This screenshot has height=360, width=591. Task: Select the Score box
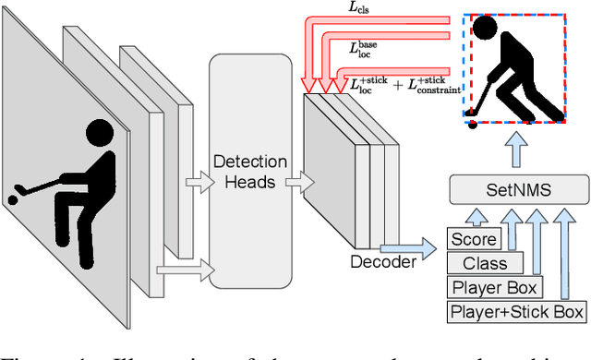(473, 240)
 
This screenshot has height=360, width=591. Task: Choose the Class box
(486, 263)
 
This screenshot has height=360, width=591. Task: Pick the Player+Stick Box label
(516, 311)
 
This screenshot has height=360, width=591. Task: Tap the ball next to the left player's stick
(13, 198)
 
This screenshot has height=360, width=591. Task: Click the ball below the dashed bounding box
(472, 124)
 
